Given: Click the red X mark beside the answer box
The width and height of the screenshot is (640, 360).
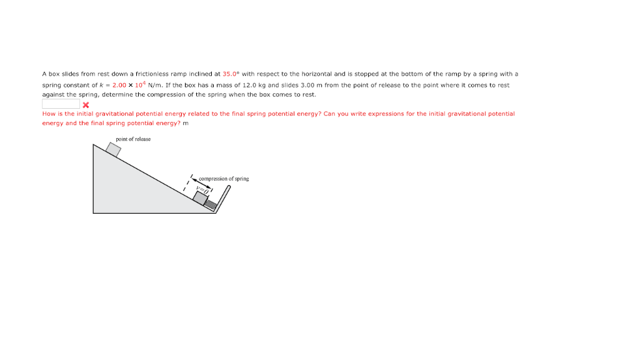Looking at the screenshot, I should pos(86,104).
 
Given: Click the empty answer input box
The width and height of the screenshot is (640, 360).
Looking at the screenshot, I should pos(61,104).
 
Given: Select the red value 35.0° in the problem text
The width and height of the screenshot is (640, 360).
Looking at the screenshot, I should pos(231,74).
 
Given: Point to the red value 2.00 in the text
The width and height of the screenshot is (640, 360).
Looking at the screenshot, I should pos(119,85).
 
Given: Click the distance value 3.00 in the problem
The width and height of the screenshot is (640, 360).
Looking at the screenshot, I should pos(307,85).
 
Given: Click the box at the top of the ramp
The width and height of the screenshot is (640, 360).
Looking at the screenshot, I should pos(113,149).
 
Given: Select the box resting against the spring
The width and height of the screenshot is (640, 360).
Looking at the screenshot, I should pos(201,197).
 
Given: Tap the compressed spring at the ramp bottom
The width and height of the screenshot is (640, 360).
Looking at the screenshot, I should pos(211,204).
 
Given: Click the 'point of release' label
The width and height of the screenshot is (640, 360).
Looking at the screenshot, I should pos(133,139).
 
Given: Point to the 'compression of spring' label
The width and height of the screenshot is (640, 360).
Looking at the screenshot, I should pos(224,179).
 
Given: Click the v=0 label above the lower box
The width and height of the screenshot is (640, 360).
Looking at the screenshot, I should pos(201,187).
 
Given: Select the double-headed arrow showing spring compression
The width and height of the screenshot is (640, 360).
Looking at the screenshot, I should pos(202,184).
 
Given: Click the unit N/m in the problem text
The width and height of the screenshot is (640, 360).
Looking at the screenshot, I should pos(156,85).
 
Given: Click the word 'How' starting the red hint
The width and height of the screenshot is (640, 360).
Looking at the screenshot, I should pos(49,114).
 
